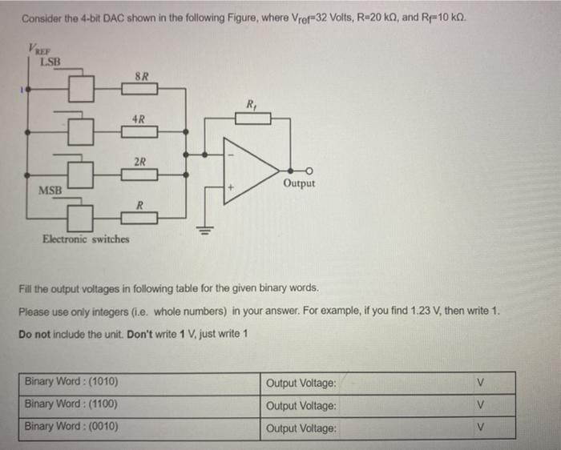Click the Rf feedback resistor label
click(252, 104)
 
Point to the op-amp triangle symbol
click(248, 169)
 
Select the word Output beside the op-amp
click(299, 183)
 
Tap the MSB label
click(52, 191)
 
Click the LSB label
click(50, 61)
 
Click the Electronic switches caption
click(86, 239)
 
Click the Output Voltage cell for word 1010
click(301, 383)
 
